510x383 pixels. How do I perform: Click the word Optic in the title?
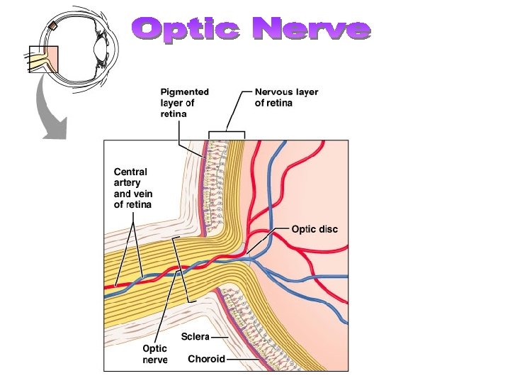pos(187,29)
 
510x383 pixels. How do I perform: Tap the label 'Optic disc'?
pos(314,229)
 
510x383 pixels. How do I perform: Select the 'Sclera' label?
pos(195,336)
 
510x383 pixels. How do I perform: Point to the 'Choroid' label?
pos(206,359)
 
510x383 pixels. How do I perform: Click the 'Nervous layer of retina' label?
pos(286,97)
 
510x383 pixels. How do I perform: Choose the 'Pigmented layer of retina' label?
pos(184,103)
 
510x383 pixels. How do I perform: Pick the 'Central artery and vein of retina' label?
pos(133,189)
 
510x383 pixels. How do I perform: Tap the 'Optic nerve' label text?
pos(155,354)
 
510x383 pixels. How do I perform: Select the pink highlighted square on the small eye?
pos(43,60)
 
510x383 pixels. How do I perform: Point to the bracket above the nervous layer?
pos(226,133)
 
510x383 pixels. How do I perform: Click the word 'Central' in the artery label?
pos(131,171)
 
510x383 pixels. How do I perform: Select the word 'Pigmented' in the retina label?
pos(184,92)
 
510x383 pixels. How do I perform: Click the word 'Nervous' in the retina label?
pos(275,92)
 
